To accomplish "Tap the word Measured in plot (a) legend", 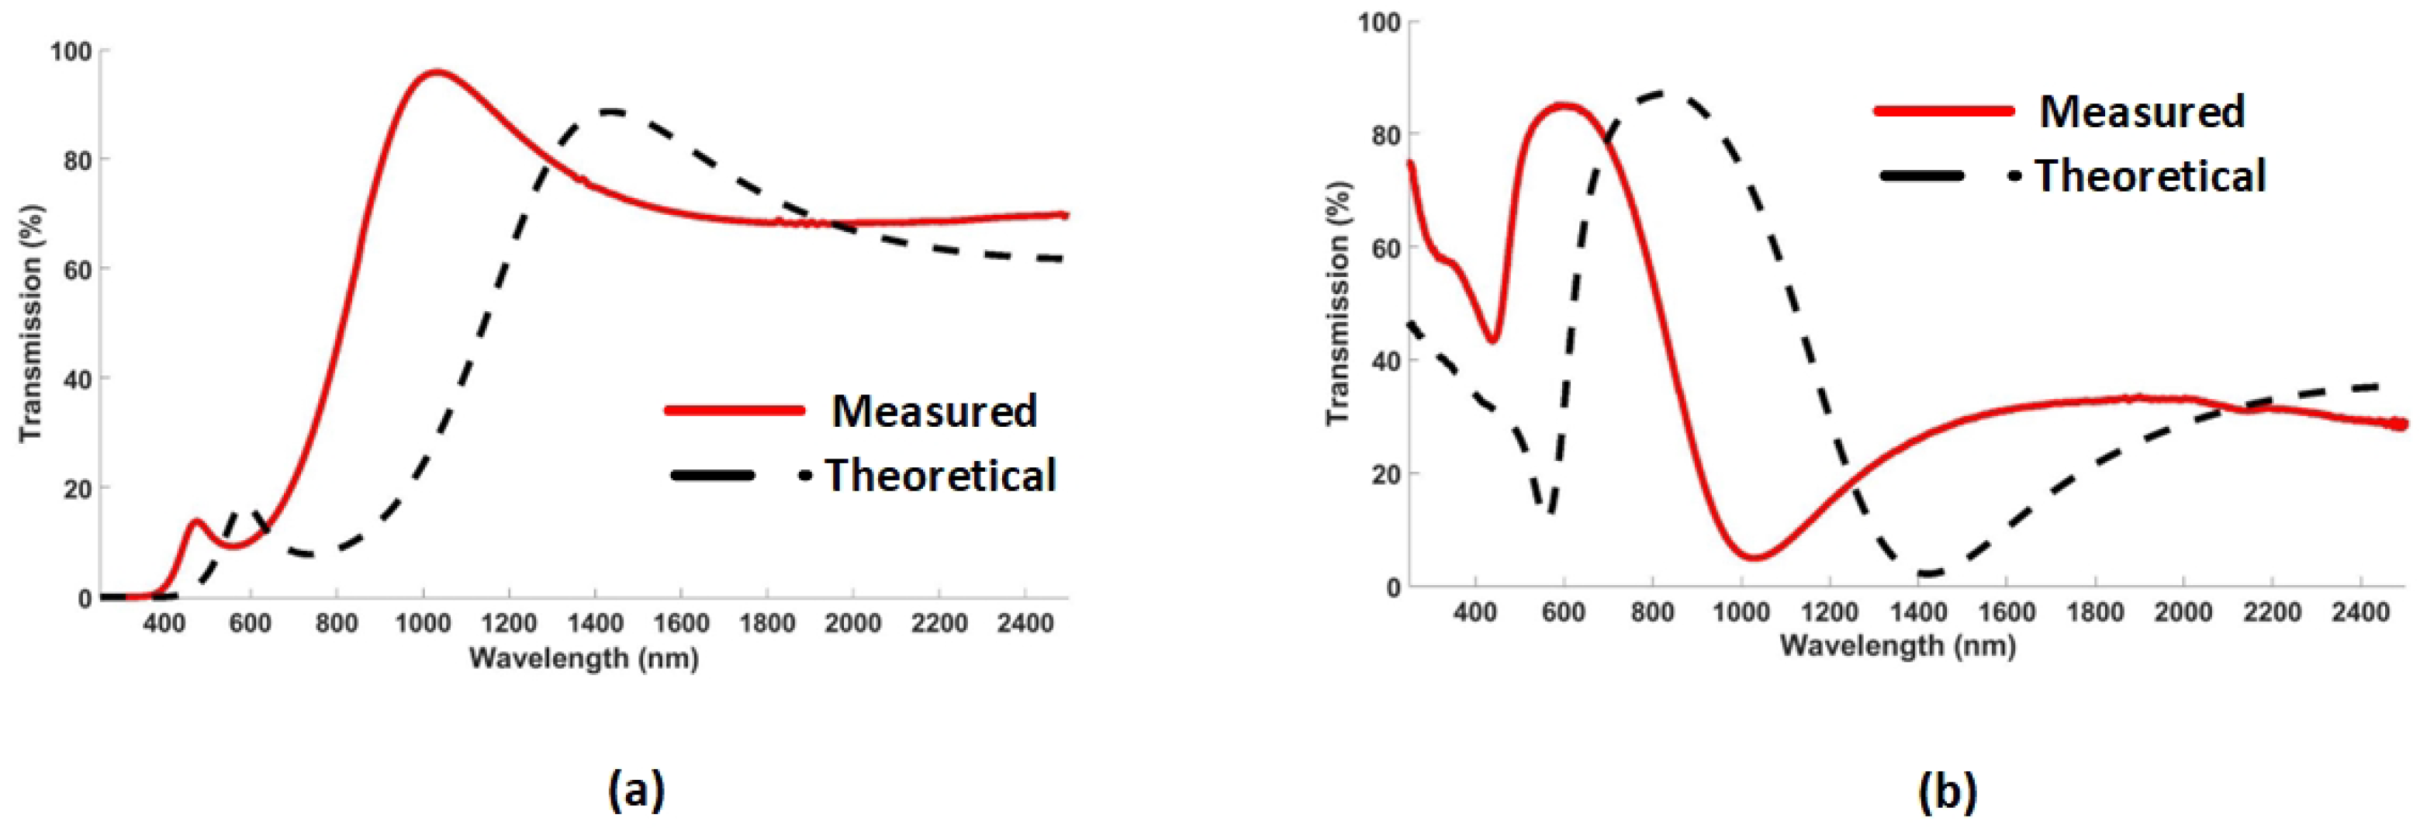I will coord(933,411).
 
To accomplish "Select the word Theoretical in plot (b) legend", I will coord(2150,175).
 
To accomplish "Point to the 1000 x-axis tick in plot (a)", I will coord(423,623).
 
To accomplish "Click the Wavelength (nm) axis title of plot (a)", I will coord(583,658).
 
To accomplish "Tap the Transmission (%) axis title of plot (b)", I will coord(1338,303).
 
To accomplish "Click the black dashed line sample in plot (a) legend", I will coord(714,476).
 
